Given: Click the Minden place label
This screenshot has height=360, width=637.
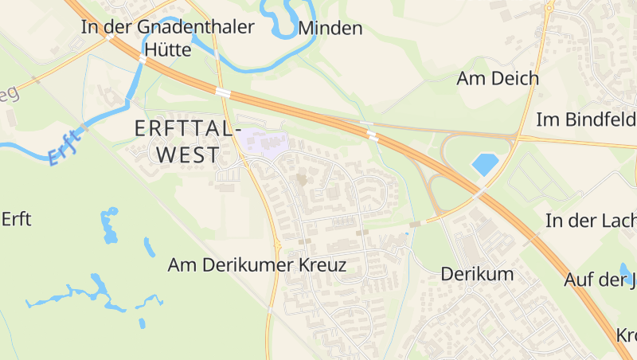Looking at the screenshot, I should point(330,29).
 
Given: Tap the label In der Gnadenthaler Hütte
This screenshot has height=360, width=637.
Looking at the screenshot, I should point(167,37).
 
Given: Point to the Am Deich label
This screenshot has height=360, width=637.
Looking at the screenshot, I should point(498,78).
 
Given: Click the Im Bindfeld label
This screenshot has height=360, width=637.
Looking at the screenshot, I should point(586,119).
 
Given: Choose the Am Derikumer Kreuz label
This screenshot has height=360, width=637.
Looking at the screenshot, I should point(257,265).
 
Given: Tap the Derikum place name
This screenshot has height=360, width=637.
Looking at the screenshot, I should point(478,274).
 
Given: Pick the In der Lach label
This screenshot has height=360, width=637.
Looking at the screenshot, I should point(591,221).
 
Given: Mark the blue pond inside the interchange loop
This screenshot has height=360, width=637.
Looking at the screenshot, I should point(485,164).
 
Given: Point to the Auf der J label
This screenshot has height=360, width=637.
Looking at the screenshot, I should point(600,280).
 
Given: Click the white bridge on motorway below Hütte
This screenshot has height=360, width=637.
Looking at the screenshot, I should point(143,58).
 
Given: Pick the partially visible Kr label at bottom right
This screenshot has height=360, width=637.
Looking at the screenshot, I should point(627,335).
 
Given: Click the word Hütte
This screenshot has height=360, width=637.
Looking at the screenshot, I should point(168,49).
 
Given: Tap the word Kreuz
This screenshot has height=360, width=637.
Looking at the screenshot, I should point(321,265).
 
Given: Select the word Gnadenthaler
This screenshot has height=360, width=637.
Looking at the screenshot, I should point(195,27).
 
